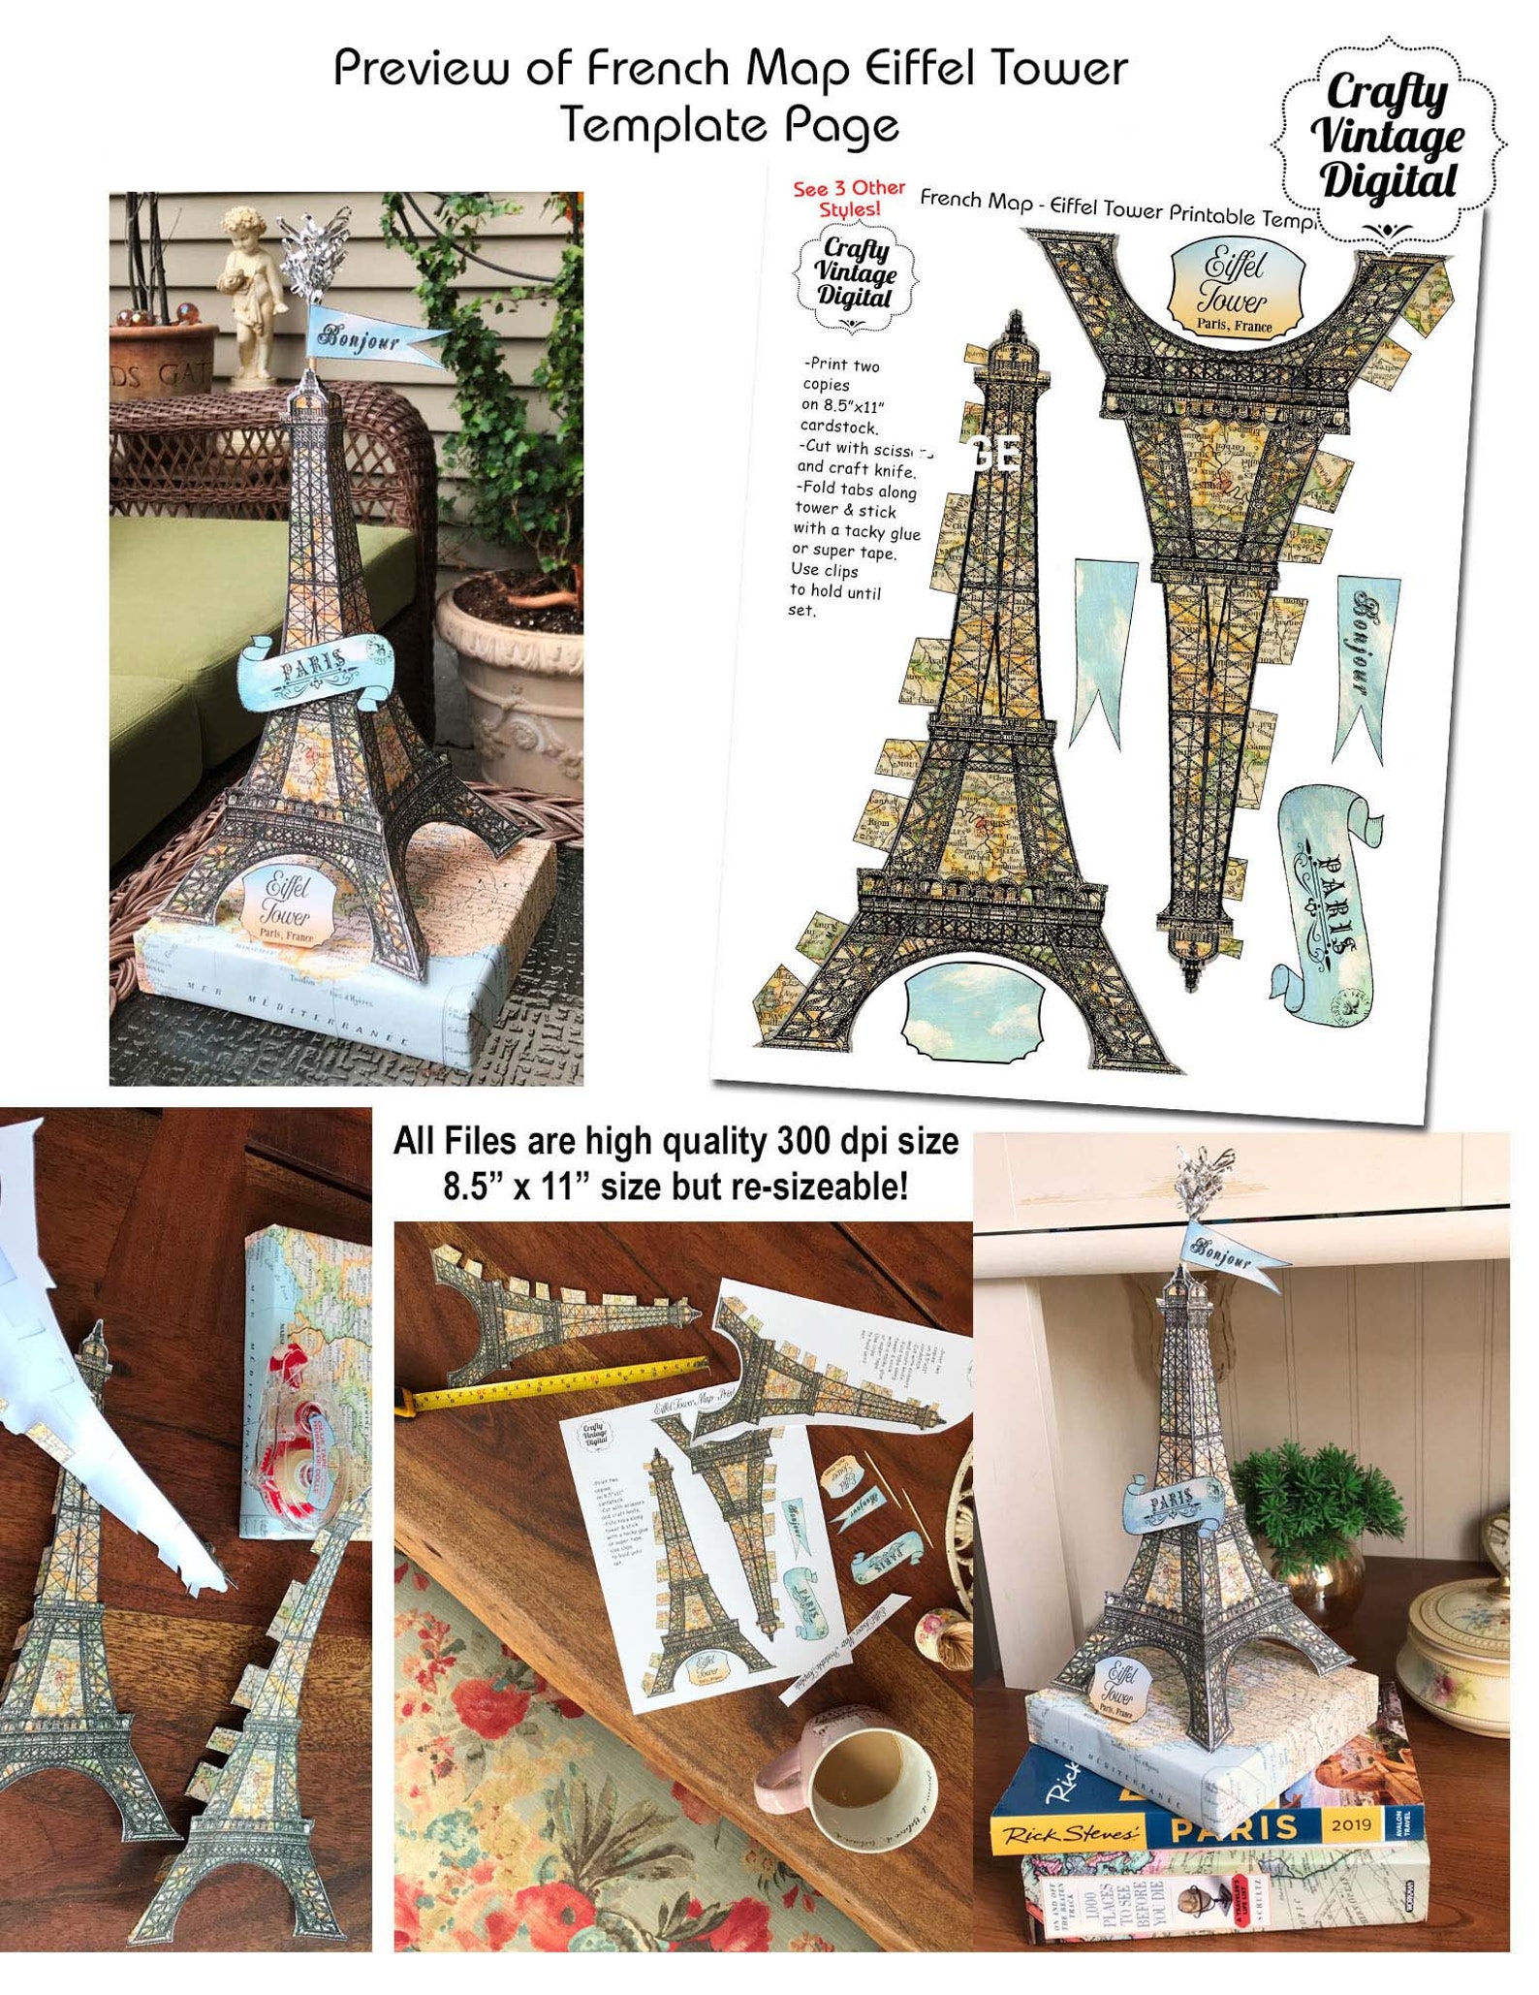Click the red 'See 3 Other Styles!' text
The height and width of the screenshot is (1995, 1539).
pos(849,198)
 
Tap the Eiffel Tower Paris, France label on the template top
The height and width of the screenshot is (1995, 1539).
pos(1234,288)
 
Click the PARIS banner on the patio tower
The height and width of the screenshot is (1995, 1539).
pos(316,669)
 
